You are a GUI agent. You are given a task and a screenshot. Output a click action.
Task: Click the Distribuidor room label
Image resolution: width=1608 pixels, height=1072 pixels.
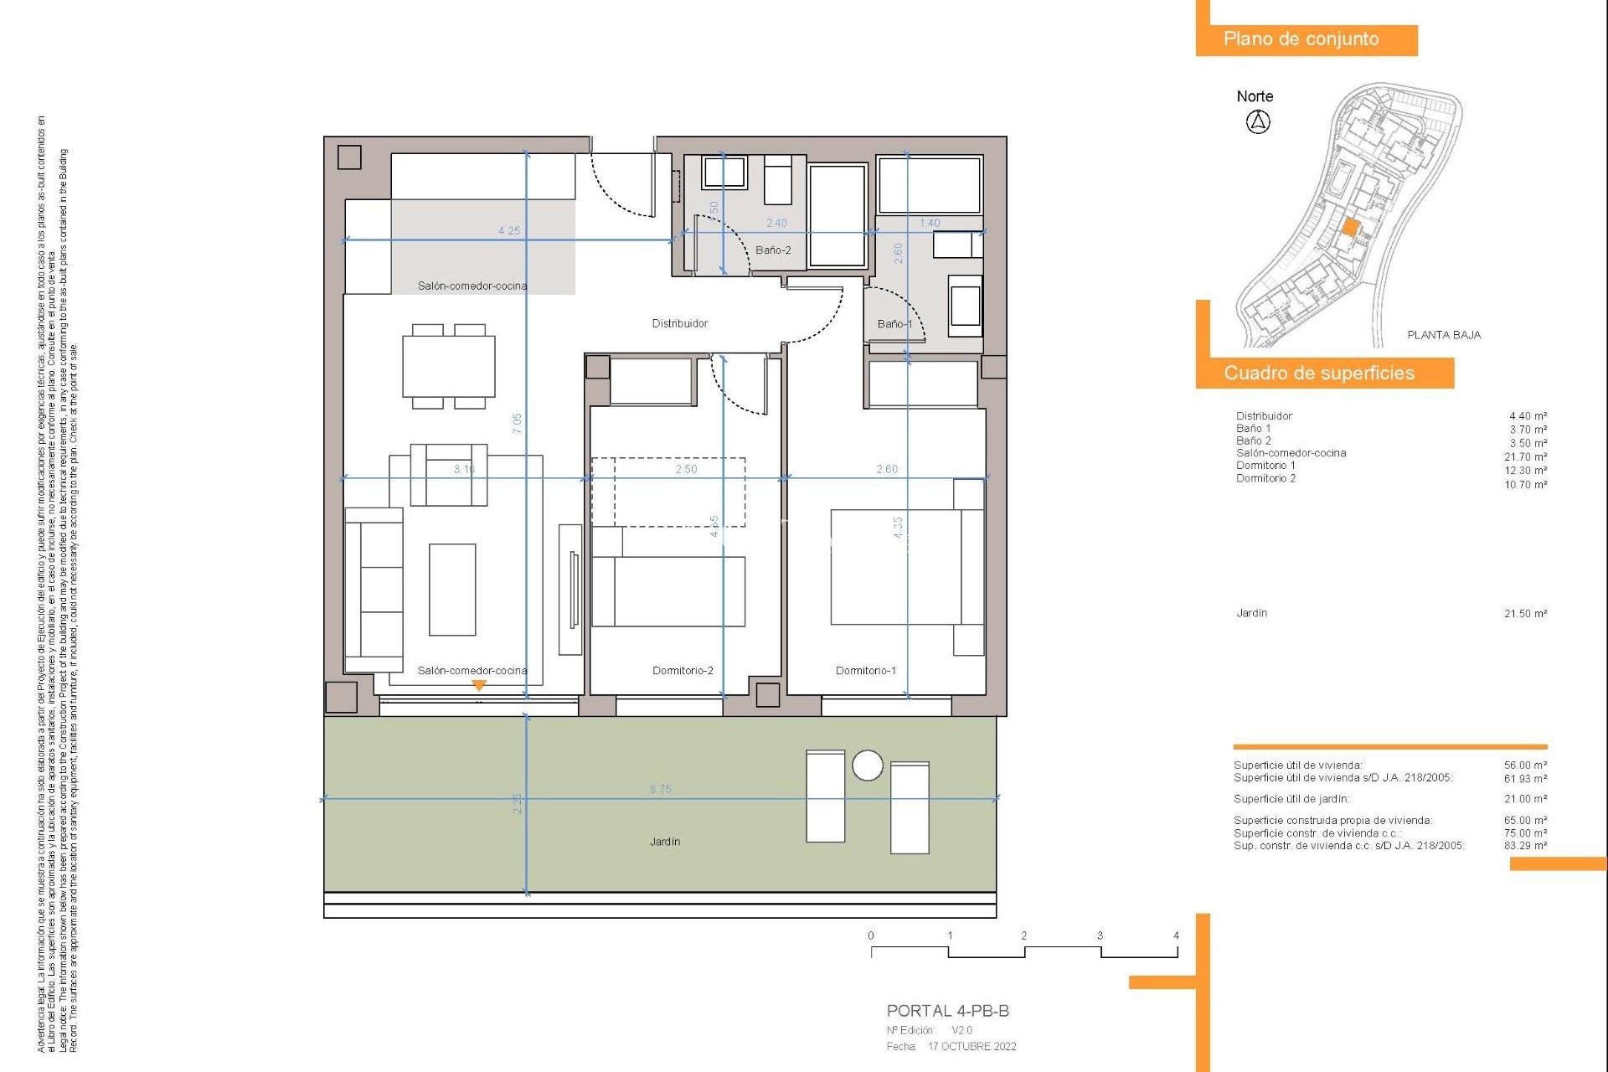click(x=679, y=323)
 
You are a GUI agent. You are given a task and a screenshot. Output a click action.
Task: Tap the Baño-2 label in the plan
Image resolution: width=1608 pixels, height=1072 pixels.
click(x=772, y=250)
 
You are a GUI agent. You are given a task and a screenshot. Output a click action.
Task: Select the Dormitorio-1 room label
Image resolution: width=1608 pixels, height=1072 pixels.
click(x=865, y=670)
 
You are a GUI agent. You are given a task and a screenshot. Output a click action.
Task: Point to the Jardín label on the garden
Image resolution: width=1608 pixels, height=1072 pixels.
click(x=664, y=841)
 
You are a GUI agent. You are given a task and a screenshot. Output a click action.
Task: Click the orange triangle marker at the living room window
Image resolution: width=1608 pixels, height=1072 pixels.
click(x=479, y=685)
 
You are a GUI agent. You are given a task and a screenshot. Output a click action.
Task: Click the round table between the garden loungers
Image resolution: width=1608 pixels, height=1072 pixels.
click(x=867, y=765)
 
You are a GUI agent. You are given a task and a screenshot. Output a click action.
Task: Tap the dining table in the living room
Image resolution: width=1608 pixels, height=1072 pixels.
click(x=448, y=366)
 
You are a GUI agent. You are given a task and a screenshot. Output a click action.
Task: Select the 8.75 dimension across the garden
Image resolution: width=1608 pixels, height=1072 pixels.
click(x=660, y=789)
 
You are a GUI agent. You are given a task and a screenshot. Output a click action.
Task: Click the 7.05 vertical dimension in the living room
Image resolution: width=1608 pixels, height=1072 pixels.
click(x=518, y=423)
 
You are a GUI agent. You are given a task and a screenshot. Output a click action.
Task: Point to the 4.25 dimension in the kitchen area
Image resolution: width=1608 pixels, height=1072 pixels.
click(x=508, y=230)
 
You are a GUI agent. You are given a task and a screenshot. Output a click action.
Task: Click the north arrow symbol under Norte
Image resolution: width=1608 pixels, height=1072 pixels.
click(x=1257, y=122)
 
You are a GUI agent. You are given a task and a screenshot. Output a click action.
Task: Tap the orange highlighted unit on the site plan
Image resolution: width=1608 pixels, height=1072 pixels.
click(x=1350, y=227)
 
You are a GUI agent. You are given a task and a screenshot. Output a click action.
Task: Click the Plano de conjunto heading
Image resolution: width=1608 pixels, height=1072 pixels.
click(x=1301, y=39)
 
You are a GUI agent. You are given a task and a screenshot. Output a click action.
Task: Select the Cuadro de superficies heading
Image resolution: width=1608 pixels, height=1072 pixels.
click(x=1318, y=373)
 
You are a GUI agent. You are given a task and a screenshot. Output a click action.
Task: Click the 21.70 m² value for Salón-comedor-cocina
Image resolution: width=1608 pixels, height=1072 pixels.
click(x=1525, y=456)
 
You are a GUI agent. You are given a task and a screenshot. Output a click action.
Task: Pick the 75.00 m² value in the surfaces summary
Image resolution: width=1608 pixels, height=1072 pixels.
click(x=1525, y=832)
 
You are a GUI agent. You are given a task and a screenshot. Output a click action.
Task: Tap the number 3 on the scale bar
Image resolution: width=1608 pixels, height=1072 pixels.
click(x=1100, y=935)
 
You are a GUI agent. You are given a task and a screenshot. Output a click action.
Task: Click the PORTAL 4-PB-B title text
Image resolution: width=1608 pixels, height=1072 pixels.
click(x=947, y=1011)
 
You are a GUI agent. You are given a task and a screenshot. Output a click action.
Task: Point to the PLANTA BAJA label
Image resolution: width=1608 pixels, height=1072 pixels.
click(x=1443, y=335)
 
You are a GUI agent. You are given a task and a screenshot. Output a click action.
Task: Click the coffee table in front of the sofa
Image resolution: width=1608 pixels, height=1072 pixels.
click(x=452, y=590)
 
